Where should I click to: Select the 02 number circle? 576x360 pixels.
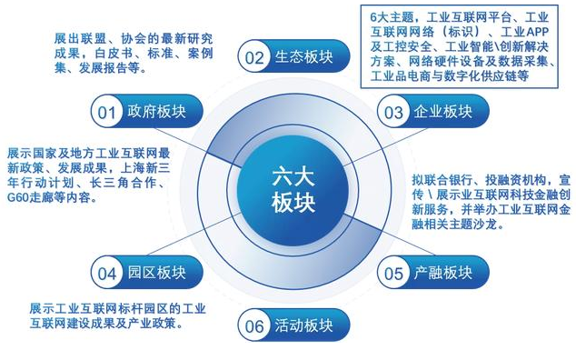point(253,56)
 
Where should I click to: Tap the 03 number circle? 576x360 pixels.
point(393,113)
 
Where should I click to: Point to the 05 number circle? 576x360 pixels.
point(393,271)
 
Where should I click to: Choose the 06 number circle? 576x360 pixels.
point(253,325)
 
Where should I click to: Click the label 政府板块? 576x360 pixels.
point(154,113)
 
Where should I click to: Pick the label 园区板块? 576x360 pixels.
point(154,271)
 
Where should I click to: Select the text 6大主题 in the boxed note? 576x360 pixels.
point(391,15)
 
